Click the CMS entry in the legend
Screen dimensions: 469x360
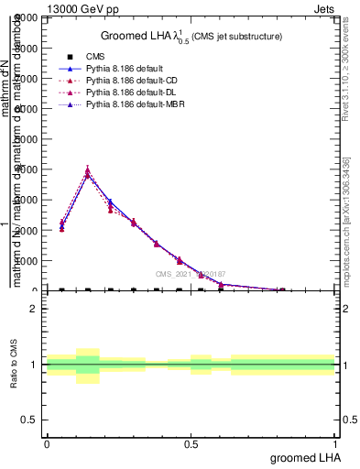pos(95,58)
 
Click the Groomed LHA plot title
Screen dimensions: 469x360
pos(191,36)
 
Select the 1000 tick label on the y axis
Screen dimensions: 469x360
pos(27,260)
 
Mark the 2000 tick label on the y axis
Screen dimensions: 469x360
pos(27,230)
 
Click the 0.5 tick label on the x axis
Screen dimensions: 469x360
pos(191,443)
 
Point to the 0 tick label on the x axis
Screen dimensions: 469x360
pos(47,443)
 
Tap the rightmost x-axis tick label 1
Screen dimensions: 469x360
pos(335,443)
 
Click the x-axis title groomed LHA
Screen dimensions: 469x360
pos(303,457)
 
